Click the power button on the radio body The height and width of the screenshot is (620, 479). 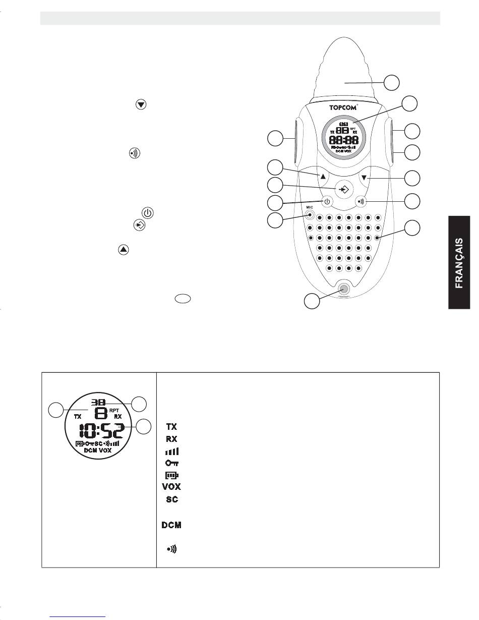click(x=327, y=202)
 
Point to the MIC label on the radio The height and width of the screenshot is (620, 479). click(x=309, y=207)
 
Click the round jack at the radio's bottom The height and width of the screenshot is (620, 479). click(x=344, y=289)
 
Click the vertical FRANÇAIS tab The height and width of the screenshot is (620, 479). click(x=459, y=263)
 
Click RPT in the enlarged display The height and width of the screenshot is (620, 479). click(x=113, y=411)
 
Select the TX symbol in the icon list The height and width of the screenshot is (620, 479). click(x=171, y=427)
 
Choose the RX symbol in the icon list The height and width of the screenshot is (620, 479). click(x=171, y=439)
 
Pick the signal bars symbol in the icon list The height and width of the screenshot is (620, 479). click(x=171, y=451)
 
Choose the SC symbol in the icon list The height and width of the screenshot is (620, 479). click(x=171, y=499)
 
